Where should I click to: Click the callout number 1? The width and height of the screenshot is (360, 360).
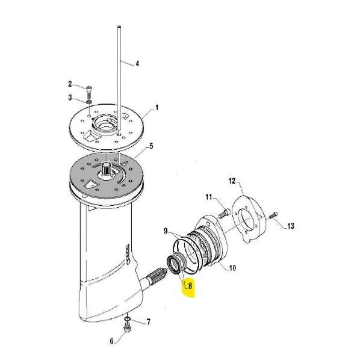pos(157,107)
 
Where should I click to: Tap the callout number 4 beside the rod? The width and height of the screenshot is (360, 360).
pos(137,63)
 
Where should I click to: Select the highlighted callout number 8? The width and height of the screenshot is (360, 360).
pos(190,286)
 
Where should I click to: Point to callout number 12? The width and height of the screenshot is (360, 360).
pos(232,181)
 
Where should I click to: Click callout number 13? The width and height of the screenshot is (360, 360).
pos(291,226)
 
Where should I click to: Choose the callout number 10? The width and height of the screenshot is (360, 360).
pos(232,268)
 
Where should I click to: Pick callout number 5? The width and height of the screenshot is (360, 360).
pos(151,146)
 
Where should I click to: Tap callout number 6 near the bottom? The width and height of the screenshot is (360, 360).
pos(111,341)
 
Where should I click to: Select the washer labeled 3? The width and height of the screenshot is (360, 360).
pos(89,102)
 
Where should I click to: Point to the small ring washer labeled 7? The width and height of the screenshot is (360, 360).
pos(127,318)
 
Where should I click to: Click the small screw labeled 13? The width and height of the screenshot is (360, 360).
pos(273,216)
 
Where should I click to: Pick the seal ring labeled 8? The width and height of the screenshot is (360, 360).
pos(176,263)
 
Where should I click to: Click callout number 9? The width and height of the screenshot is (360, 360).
pos(166,231)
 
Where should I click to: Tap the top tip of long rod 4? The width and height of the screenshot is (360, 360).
pos(119,26)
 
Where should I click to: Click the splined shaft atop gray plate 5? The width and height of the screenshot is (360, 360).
pos(106,169)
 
